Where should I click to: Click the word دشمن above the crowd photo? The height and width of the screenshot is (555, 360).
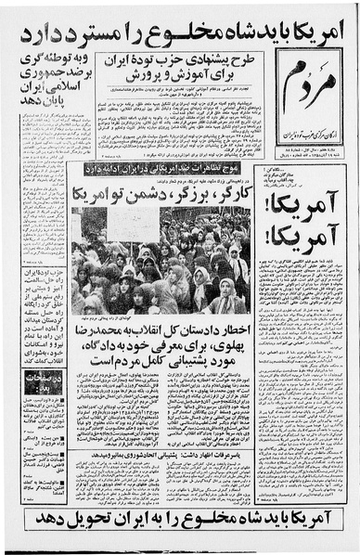[x=143, y=196]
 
